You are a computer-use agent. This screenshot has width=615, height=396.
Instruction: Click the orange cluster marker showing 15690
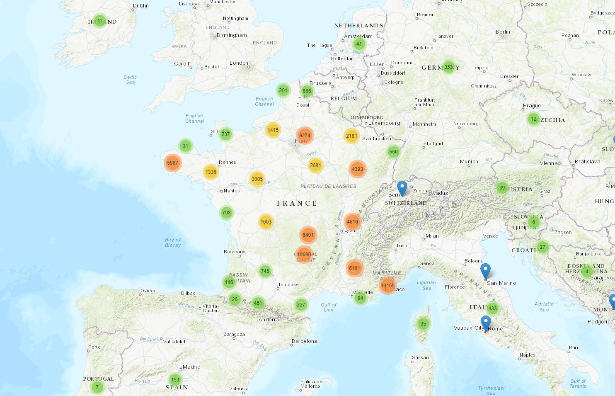304,255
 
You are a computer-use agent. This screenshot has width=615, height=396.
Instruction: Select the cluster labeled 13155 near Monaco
387,285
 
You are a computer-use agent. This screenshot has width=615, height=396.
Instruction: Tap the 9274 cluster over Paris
305,136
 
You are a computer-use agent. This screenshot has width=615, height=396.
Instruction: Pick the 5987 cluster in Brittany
172,163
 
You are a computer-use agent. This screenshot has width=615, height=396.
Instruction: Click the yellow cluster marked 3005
257,179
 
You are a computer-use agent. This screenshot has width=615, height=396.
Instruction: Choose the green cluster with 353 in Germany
448,67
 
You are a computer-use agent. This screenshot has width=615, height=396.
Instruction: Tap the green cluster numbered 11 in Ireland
99,21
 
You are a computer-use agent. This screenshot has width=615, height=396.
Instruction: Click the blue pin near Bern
402,188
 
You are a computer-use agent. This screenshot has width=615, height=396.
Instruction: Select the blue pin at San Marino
485,271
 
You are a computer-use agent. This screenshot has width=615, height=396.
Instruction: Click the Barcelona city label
304,341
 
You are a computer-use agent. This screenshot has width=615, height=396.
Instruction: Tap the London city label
239,63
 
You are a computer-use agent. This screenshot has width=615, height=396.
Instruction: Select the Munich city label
469,162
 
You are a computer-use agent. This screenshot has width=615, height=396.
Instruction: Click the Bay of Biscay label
173,243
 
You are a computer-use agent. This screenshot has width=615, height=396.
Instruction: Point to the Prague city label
532,106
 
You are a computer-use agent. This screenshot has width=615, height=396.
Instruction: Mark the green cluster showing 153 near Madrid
175,379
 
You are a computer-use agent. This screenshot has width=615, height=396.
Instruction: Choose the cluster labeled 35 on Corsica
423,324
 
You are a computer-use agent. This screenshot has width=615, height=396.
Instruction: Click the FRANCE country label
297,203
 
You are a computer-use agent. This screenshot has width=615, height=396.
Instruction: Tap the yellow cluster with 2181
351,136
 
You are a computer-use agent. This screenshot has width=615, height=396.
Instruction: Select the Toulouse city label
288,284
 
